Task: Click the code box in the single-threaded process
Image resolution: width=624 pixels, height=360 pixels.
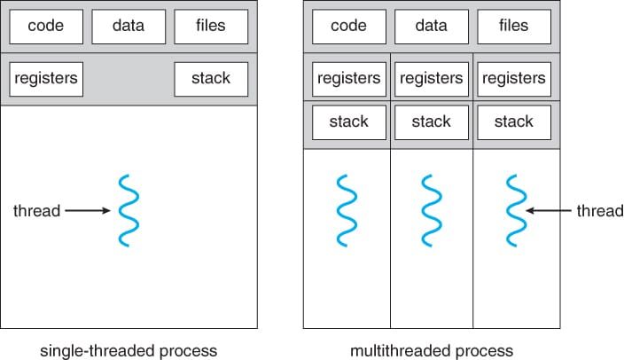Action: coord(46,27)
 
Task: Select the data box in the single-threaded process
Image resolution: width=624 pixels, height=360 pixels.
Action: coord(129,27)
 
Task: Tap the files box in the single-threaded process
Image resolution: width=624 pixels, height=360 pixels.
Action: coord(211,27)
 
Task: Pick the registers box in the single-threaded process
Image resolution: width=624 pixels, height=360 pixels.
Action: coord(46,79)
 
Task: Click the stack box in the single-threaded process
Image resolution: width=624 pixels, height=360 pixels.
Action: coord(211,79)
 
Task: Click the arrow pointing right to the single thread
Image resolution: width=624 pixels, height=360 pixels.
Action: coord(87,211)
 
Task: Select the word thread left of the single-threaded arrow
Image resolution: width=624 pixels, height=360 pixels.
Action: coord(36,211)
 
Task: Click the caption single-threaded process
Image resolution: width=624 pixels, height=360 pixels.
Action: coord(129,350)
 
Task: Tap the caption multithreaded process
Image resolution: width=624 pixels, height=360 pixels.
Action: coord(431,350)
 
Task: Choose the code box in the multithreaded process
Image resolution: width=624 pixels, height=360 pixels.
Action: coord(348,27)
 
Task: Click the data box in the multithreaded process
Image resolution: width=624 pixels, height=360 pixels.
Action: coord(432,27)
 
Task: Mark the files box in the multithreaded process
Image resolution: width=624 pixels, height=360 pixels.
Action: coord(514,27)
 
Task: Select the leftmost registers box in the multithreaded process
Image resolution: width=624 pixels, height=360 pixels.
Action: coord(348,79)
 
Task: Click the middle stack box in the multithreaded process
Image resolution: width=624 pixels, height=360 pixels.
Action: coord(432,121)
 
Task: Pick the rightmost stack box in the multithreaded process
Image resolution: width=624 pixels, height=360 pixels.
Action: coord(514,121)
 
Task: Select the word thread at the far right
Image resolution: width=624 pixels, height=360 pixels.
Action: coord(600,211)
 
